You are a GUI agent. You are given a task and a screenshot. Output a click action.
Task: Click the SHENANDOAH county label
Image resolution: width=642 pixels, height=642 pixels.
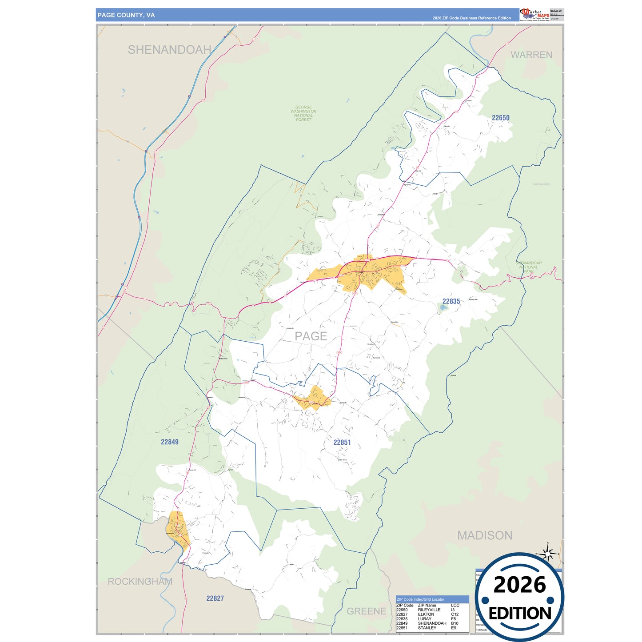click(169, 50)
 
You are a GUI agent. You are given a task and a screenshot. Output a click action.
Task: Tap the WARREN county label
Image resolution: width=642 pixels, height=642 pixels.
click(531, 55)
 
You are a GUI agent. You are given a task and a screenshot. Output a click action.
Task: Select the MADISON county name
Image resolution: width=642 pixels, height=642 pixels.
click(485, 535)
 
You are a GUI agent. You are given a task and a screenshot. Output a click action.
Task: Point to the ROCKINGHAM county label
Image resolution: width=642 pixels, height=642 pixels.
click(140, 582)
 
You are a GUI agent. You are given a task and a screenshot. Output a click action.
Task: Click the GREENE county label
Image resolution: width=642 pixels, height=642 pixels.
click(366, 611)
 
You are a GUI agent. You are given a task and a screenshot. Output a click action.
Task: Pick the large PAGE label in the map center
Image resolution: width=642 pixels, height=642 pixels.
click(311, 336)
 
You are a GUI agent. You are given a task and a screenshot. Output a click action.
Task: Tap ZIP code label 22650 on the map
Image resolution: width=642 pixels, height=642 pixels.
click(500, 118)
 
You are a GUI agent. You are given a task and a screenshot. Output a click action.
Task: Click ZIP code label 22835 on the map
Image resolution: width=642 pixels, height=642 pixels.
click(451, 301)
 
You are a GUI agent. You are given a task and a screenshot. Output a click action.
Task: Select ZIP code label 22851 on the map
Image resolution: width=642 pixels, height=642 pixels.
click(342, 442)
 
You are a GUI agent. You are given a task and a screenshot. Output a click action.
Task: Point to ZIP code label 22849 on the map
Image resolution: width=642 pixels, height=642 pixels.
click(169, 442)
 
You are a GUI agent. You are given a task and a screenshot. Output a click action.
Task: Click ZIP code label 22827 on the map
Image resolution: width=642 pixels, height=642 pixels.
click(215, 598)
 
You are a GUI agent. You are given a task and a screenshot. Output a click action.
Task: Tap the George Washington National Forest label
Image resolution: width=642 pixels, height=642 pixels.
click(303, 113)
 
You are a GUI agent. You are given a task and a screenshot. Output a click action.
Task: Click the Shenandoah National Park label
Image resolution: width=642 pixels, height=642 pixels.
click(528, 267)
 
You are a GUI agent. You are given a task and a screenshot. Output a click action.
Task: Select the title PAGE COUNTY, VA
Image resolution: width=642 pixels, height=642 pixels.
click(126, 15)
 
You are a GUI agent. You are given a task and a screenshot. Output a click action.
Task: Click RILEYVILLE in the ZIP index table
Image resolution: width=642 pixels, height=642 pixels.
click(429, 610)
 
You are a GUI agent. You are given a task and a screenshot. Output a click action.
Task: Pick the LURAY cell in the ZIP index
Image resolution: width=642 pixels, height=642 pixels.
click(424, 619)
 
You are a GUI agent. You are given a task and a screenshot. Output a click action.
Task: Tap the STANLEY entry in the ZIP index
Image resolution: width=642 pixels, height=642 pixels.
click(427, 628)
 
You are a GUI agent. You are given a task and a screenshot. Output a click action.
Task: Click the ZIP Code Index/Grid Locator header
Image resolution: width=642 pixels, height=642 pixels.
click(420, 599)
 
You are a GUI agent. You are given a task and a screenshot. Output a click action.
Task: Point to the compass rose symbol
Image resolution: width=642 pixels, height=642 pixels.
click(548, 554)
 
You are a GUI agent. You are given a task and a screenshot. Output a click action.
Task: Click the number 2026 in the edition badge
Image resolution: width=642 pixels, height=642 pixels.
click(519, 585)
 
